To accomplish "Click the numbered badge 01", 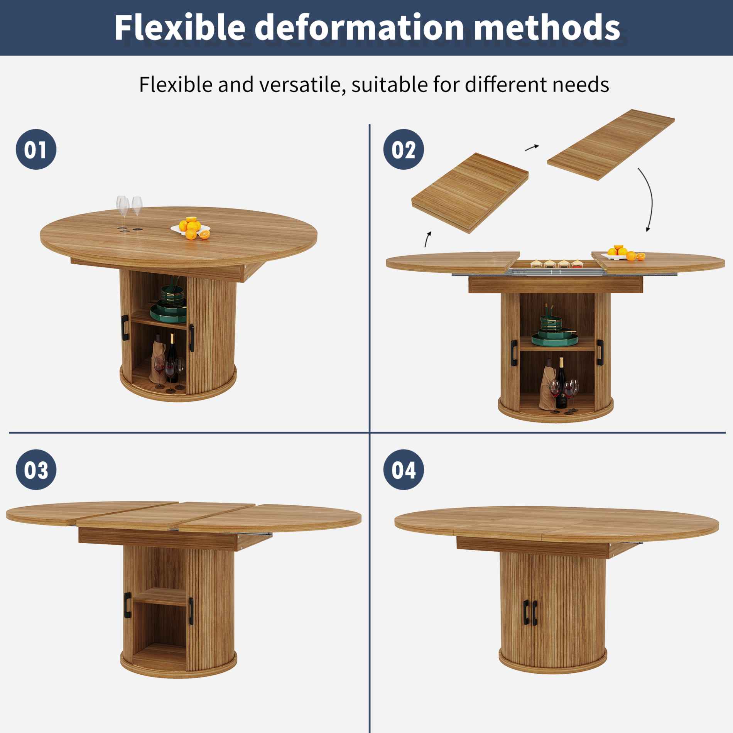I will [36, 149].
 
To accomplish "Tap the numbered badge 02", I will [404, 149].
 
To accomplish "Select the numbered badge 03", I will [36, 470].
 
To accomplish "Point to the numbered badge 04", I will [404, 470].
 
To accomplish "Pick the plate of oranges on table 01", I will [191, 228].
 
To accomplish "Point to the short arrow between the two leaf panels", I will [532, 147].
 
